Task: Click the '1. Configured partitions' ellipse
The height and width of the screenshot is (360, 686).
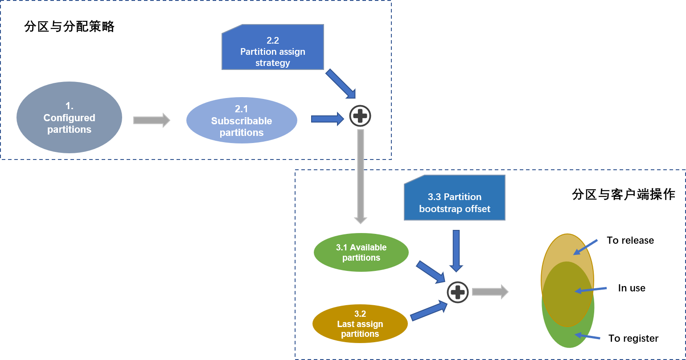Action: [69, 118]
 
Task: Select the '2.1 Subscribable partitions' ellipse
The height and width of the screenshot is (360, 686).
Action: [242, 121]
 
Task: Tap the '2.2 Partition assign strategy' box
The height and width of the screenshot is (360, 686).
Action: [273, 49]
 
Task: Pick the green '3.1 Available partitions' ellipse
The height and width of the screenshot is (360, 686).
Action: [361, 253]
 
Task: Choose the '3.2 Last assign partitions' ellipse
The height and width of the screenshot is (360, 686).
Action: [360, 324]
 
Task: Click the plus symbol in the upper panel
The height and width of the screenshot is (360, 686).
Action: [360, 116]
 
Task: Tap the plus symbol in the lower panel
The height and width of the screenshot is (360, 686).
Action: [458, 292]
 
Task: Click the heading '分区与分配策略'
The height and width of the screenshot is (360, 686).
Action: [69, 27]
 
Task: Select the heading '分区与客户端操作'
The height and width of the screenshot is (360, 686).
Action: [624, 195]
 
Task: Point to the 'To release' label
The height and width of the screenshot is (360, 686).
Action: [630, 241]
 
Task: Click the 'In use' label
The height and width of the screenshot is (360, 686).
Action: [632, 288]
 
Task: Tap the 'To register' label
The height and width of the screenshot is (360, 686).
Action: [633, 339]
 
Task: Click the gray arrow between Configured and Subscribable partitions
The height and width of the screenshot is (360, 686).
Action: [152, 120]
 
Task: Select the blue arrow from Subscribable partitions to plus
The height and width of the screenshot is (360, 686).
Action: [327, 119]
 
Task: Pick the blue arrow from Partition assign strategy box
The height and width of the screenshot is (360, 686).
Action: [341, 83]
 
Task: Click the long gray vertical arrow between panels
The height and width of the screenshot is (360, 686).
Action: [360, 176]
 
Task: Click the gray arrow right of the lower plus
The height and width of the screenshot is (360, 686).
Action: [490, 291]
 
